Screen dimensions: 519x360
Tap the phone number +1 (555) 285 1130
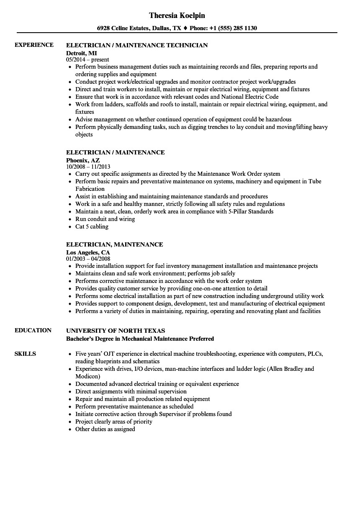236,28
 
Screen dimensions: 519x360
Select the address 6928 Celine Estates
123,28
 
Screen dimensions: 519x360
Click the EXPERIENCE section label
34,45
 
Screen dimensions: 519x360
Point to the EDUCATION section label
33,330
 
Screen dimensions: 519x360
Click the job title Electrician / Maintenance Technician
137,45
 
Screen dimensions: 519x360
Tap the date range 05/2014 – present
88,60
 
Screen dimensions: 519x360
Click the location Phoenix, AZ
83,160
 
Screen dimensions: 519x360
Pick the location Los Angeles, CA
88,252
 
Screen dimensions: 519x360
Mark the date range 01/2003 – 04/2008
88,259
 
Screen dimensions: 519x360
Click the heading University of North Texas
116,331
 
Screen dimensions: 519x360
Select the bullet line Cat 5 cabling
92,226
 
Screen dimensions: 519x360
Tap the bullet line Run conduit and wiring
105,219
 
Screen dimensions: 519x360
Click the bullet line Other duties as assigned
105,429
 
